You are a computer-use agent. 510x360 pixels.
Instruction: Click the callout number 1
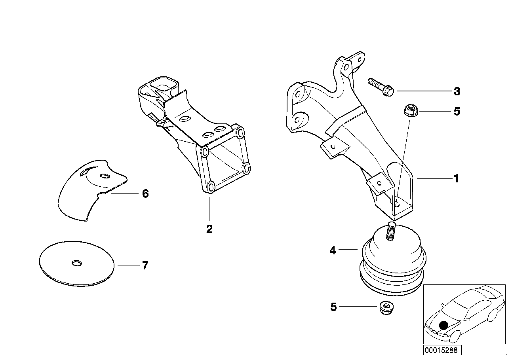[x=456, y=179]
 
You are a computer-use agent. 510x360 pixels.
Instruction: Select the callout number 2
[x=209, y=229]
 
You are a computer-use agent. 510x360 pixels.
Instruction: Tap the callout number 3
[x=457, y=91]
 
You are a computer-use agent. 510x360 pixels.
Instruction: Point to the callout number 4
[x=333, y=250]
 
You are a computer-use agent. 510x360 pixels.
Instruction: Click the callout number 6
[x=145, y=194]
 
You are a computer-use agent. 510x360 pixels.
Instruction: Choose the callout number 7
[x=145, y=265]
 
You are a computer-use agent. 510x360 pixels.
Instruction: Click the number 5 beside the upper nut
[x=457, y=112]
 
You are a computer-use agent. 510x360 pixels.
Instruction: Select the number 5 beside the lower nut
[x=333, y=307]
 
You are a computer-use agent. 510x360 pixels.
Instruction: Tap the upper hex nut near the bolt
[x=409, y=110]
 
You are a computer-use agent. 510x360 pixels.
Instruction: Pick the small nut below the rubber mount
[x=384, y=307]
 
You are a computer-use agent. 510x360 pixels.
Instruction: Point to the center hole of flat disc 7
[x=76, y=263]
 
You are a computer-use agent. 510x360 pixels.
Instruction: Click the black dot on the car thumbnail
[x=443, y=325]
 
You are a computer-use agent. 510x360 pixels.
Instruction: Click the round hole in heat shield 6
[x=105, y=176]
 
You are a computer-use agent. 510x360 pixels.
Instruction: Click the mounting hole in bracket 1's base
[x=398, y=205]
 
